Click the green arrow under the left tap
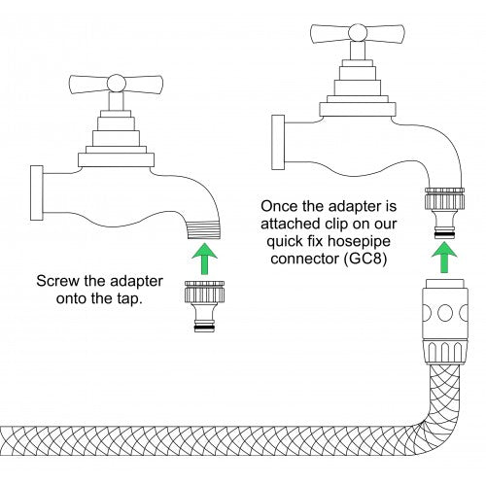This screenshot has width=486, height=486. click(x=202, y=259)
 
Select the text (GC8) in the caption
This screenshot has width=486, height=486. click(x=369, y=262)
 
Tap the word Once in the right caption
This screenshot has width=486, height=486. click(x=281, y=207)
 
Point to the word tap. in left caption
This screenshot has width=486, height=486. click(x=126, y=300)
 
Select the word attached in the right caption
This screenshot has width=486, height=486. click(x=290, y=226)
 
